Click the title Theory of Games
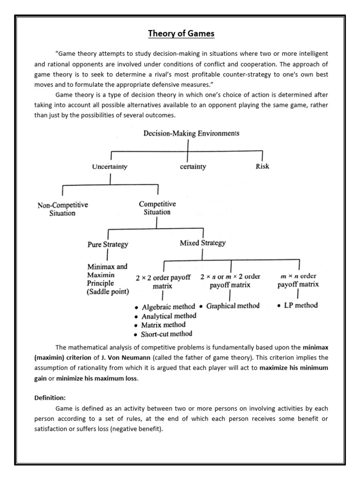(181, 33)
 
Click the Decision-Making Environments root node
(191, 133)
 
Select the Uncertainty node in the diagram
(110, 166)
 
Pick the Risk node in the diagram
(262, 166)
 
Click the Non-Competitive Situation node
(62, 209)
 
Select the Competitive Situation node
(157, 208)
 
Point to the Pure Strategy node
(108, 244)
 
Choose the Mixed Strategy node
(202, 243)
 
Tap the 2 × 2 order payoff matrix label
(162, 281)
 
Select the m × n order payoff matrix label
(298, 280)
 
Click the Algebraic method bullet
(168, 307)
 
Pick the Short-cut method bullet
(166, 334)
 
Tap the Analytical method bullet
(169, 316)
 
